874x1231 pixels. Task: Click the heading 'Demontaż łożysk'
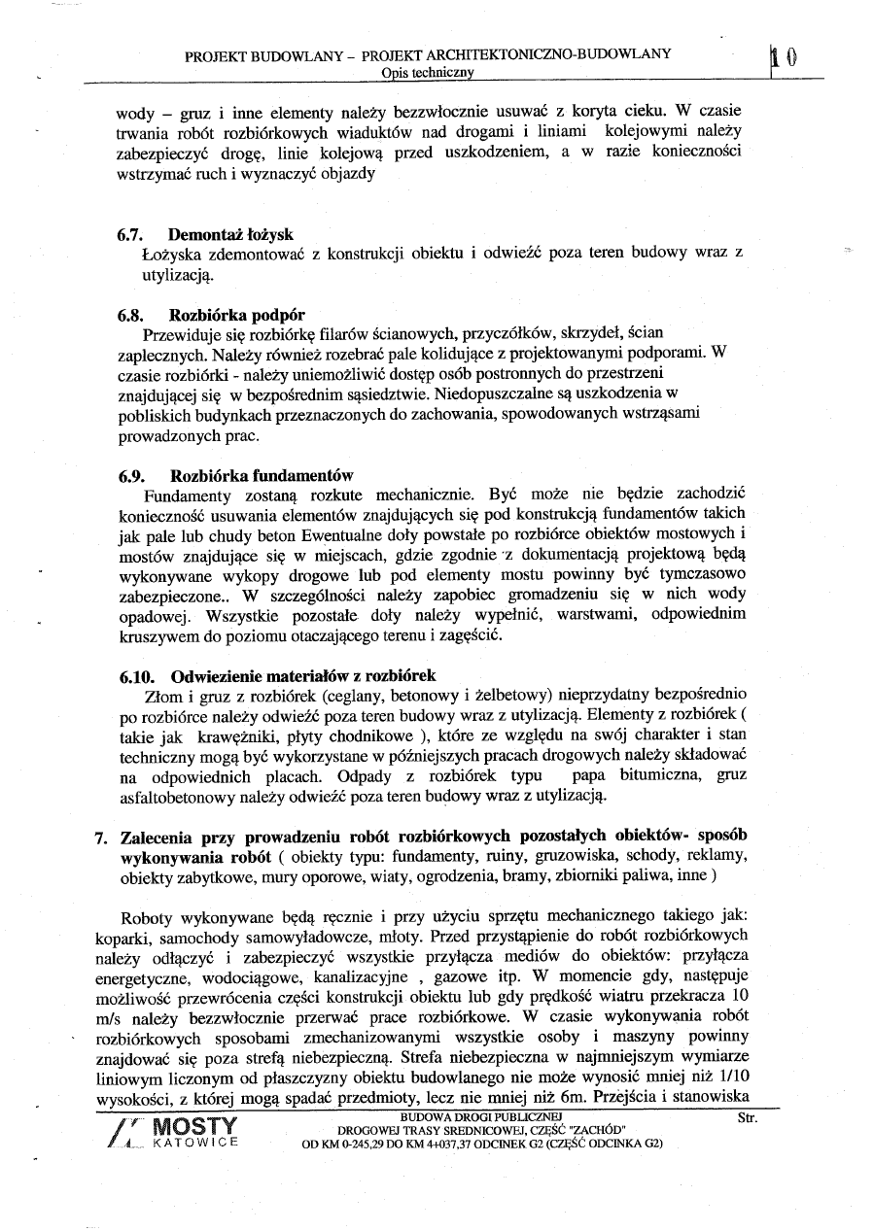click(x=230, y=235)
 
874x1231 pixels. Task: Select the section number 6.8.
click(x=131, y=315)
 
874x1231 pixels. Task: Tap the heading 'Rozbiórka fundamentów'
click(x=262, y=476)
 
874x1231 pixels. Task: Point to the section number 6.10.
click(x=135, y=675)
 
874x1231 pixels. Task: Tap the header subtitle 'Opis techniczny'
click(x=428, y=73)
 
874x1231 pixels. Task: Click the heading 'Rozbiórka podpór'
click(x=237, y=315)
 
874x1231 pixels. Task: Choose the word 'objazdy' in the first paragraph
click(x=346, y=174)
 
